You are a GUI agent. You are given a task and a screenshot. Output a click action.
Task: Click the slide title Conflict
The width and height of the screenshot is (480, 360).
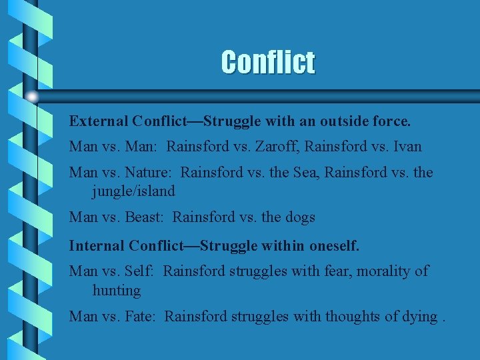pyautogui.click(x=268, y=63)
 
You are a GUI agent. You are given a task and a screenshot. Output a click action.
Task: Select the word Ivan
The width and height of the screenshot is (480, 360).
pyautogui.click(x=407, y=146)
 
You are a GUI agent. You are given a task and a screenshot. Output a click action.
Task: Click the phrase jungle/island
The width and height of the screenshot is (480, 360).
pyautogui.click(x=133, y=191)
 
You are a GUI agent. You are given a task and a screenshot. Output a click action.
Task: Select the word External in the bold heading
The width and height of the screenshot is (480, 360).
pyautogui.click(x=99, y=121)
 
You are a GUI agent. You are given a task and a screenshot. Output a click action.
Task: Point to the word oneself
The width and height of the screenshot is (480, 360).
pyautogui.click(x=333, y=245)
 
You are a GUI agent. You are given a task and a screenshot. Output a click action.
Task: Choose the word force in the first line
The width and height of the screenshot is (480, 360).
pyautogui.click(x=392, y=121)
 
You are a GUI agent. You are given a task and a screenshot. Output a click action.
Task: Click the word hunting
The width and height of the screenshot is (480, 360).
pyautogui.click(x=117, y=291)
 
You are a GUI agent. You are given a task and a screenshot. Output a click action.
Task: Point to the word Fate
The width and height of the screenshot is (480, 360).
pyautogui.click(x=141, y=316)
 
